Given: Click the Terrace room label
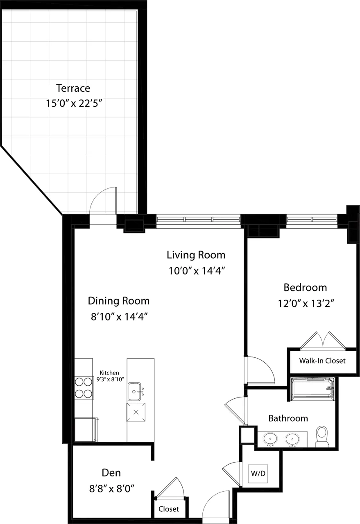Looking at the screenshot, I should [73, 88].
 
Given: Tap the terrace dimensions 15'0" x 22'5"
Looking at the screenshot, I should [73, 103].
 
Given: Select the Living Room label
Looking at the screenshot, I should [196, 255].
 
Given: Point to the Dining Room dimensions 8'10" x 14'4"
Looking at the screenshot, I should [119, 316].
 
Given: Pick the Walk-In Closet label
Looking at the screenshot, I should [322, 361].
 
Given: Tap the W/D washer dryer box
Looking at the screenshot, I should [258, 473].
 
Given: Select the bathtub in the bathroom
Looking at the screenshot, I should [312, 388].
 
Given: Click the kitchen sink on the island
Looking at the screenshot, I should [135, 391].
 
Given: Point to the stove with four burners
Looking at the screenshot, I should [84, 388].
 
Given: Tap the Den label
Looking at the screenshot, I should [111, 473].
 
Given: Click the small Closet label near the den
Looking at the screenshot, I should [169, 509].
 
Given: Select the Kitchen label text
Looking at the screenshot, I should [110, 373].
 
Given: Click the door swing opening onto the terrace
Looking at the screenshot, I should [103, 201].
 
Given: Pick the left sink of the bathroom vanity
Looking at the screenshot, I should [270, 439].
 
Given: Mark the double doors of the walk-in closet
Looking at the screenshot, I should [323, 341].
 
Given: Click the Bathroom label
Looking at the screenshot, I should [288, 418].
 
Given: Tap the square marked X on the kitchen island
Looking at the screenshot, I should [136, 411].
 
